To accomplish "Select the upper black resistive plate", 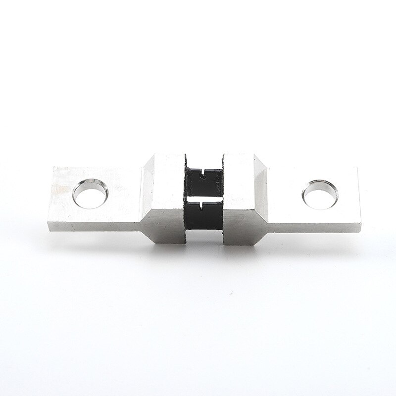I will pyautogui.click(x=203, y=181).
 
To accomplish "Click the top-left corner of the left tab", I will pyautogui.click(x=52, y=168).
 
